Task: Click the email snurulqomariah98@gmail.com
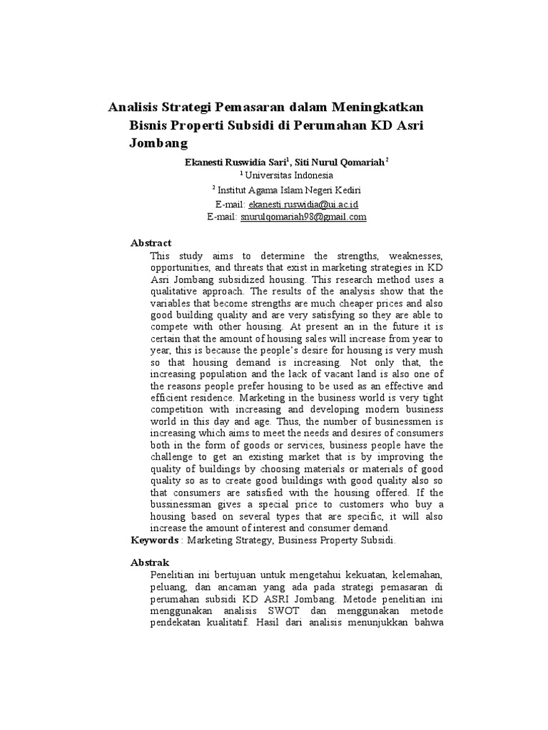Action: pos(303,217)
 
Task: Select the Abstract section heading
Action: pos(151,243)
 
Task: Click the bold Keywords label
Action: pos(154,540)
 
